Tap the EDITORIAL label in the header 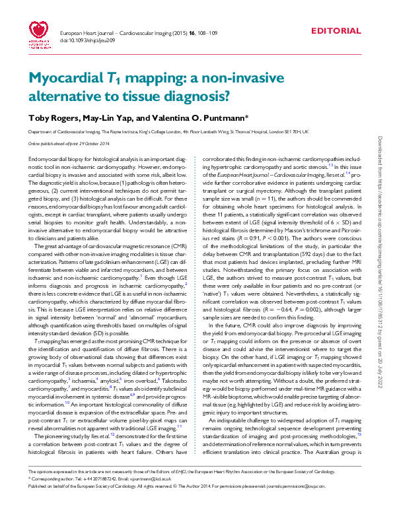[336, 31]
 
